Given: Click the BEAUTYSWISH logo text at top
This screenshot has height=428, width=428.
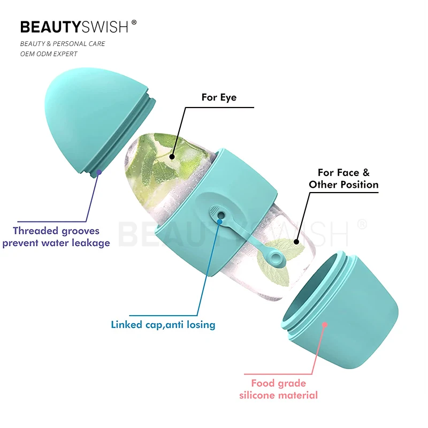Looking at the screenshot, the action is [75, 27].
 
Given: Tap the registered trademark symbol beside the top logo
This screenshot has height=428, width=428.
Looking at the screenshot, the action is [134, 22].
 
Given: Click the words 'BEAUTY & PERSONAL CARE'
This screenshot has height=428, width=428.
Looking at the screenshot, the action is [63, 43].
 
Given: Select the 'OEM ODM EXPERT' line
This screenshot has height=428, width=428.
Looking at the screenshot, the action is [49, 53].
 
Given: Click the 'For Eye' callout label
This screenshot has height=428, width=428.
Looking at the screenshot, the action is [219, 97].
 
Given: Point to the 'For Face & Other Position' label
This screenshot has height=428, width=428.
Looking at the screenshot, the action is [343, 179].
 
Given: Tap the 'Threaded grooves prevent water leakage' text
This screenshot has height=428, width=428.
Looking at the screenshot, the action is [56, 237].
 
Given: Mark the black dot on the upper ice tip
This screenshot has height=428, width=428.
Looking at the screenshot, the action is [172, 157].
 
